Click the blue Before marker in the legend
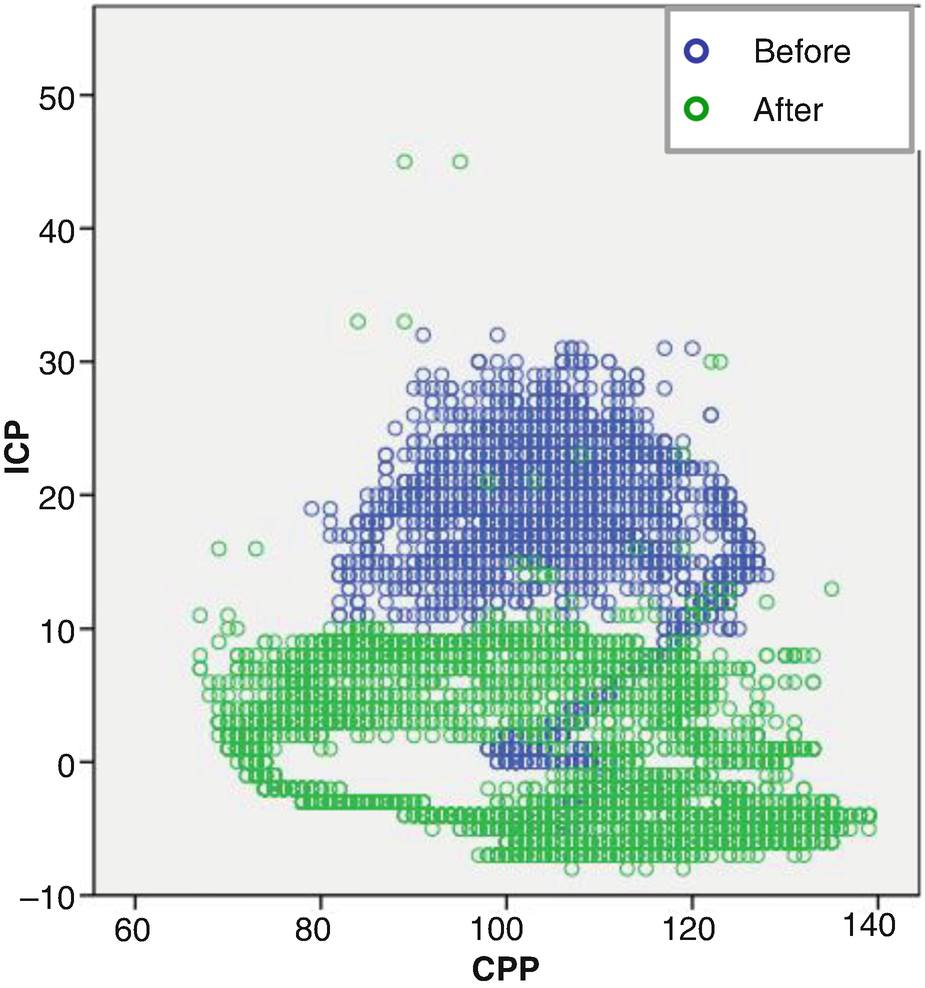(697, 52)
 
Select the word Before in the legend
(802, 52)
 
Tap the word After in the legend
(788, 110)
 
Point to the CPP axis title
(505, 968)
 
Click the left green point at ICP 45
(404, 162)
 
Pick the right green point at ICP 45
(460, 162)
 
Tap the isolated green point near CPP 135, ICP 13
(831, 589)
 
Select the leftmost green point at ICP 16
(219, 549)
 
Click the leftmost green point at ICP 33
(358, 322)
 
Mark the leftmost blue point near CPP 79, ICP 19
(312, 509)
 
